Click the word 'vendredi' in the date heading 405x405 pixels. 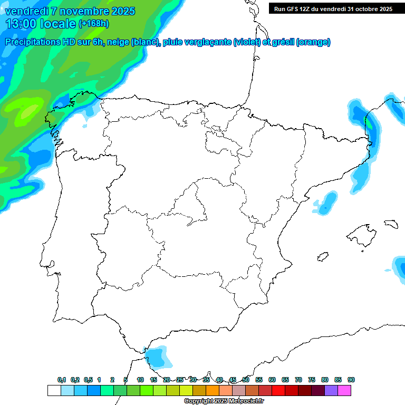(27, 11)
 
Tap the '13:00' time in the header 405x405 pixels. (22, 24)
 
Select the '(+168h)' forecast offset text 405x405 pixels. (94, 24)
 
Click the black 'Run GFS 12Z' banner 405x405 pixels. (332, 8)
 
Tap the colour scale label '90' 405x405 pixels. (351, 380)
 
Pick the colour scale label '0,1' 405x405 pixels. (62, 380)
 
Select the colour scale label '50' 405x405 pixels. (246, 380)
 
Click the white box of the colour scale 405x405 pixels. (54, 390)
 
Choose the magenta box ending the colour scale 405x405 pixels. (344, 390)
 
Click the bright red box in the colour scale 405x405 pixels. (278, 390)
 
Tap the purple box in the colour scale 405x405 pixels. (331, 390)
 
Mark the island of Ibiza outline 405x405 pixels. (323, 257)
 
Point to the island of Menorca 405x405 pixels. (391, 224)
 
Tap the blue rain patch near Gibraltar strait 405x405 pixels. (158, 356)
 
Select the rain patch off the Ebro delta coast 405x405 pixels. (326, 203)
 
